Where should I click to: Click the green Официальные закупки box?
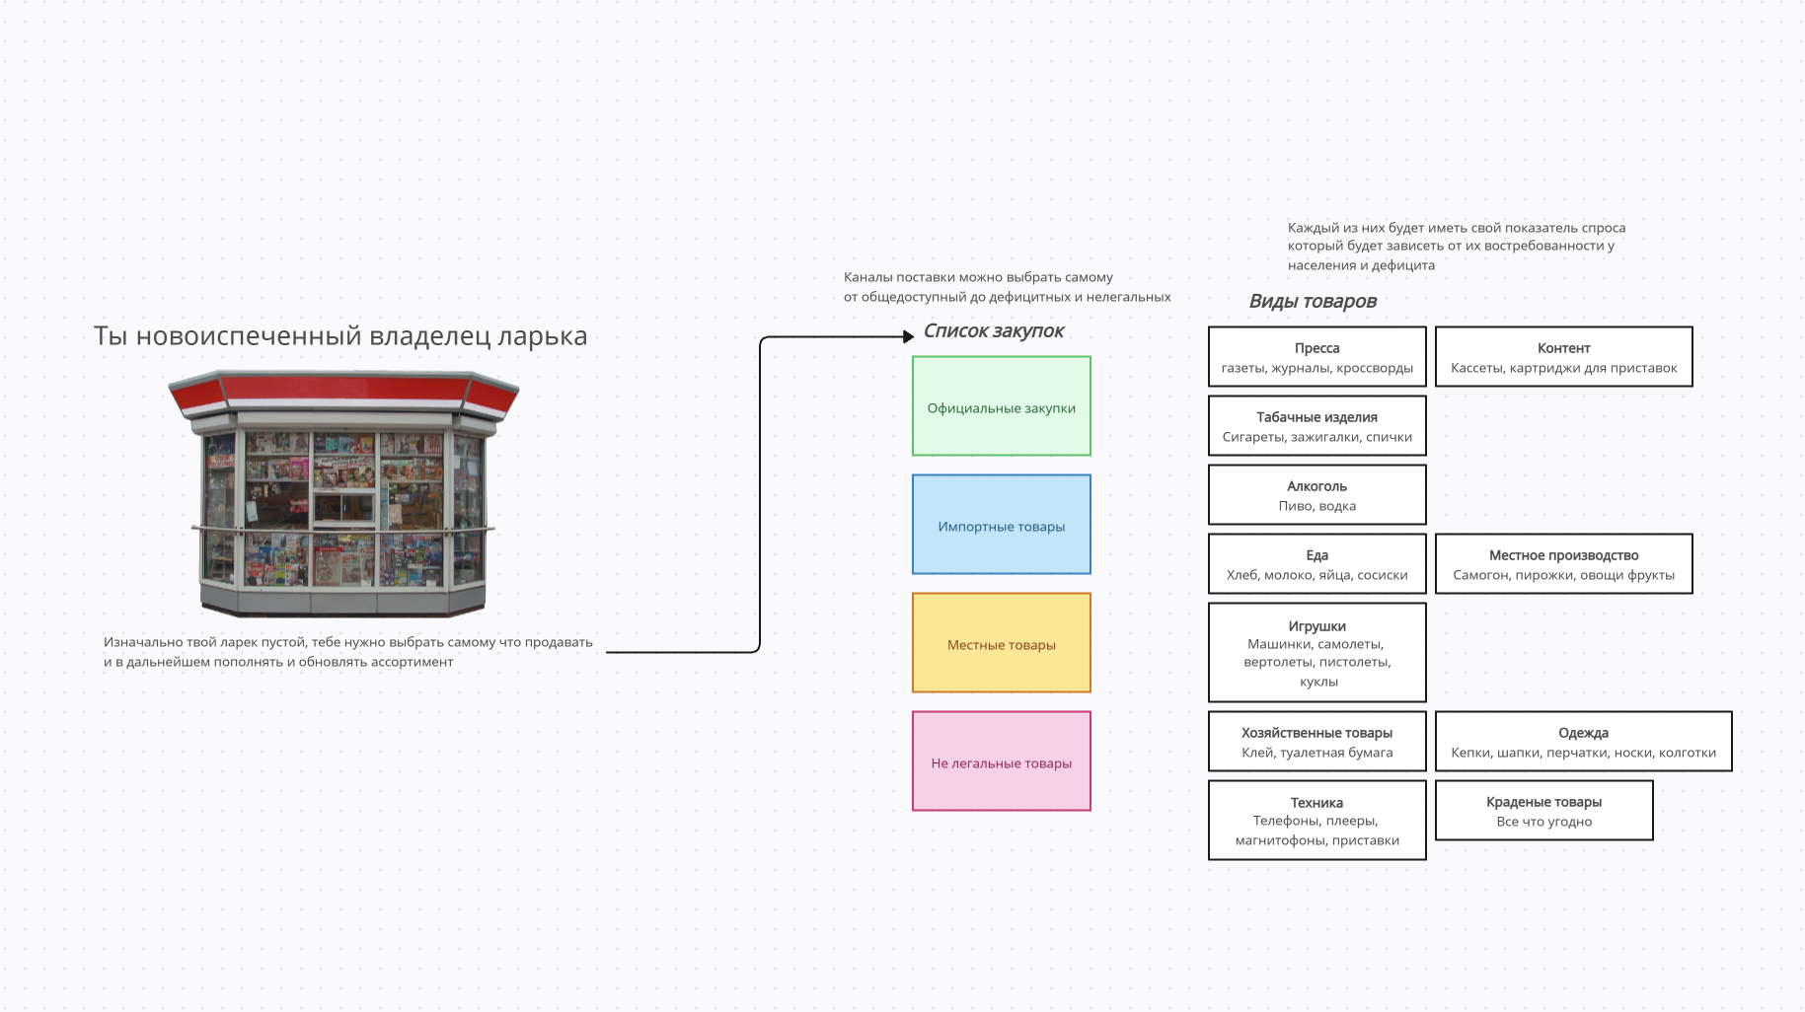click(x=1001, y=406)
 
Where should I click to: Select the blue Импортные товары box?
click(x=1001, y=525)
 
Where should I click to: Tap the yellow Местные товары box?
click(x=1001, y=643)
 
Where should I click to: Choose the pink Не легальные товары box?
click(x=1001, y=761)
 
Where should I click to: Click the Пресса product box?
click(x=1316, y=357)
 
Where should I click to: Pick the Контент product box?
click(x=1563, y=357)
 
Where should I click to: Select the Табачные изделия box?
click(x=1316, y=426)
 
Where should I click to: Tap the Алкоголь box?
click(x=1316, y=495)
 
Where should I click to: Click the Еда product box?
click(x=1316, y=564)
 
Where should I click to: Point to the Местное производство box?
click(x=1563, y=564)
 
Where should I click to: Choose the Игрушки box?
click(x=1316, y=653)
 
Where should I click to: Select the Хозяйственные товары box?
click(x=1316, y=742)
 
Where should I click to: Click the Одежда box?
click(x=1583, y=742)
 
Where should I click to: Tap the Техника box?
click(x=1316, y=821)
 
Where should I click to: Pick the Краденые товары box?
click(x=1543, y=811)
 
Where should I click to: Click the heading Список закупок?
click(x=993, y=331)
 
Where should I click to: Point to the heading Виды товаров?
click(x=1312, y=302)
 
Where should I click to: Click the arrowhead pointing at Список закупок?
click(x=908, y=336)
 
